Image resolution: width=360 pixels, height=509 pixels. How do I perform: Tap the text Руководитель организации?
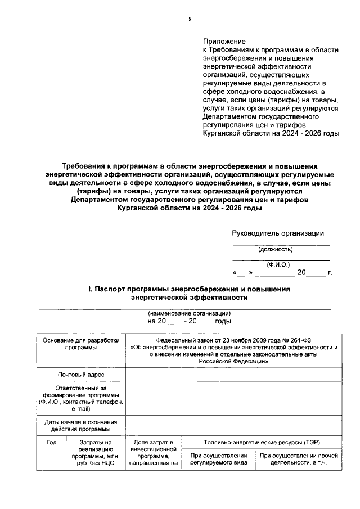point(278,233)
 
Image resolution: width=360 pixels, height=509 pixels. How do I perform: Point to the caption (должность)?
point(275,249)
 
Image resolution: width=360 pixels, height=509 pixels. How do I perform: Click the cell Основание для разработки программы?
point(80,344)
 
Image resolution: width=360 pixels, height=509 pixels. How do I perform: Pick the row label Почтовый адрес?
point(80,375)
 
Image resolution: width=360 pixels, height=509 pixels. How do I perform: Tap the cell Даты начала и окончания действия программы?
point(80,425)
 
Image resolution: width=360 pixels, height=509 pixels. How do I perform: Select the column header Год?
point(51,443)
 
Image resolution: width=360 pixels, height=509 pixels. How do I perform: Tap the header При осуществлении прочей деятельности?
point(299,459)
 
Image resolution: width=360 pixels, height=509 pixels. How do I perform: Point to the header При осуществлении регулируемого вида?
point(219,459)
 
